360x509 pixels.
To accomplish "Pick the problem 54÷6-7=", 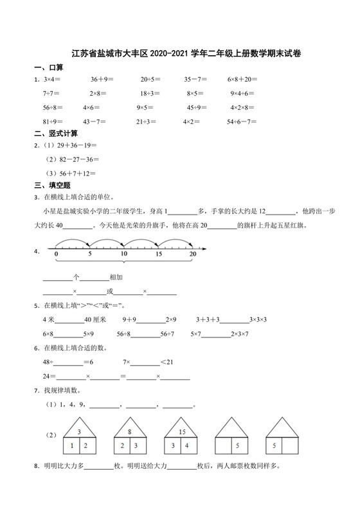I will click(242, 121).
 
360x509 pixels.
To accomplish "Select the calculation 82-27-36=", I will click(75, 159).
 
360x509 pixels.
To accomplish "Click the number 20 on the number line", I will click(192, 255).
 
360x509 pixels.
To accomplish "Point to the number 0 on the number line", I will click(57, 255).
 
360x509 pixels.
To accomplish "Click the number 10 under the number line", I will click(124, 255).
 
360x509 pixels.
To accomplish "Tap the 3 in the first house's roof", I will click(79, 432).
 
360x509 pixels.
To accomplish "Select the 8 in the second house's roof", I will click(129, 432).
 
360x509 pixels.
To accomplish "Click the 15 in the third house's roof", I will click(182, 432).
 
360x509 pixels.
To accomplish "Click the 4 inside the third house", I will click(187, 445).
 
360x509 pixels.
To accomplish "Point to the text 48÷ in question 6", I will click(49, 362).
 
